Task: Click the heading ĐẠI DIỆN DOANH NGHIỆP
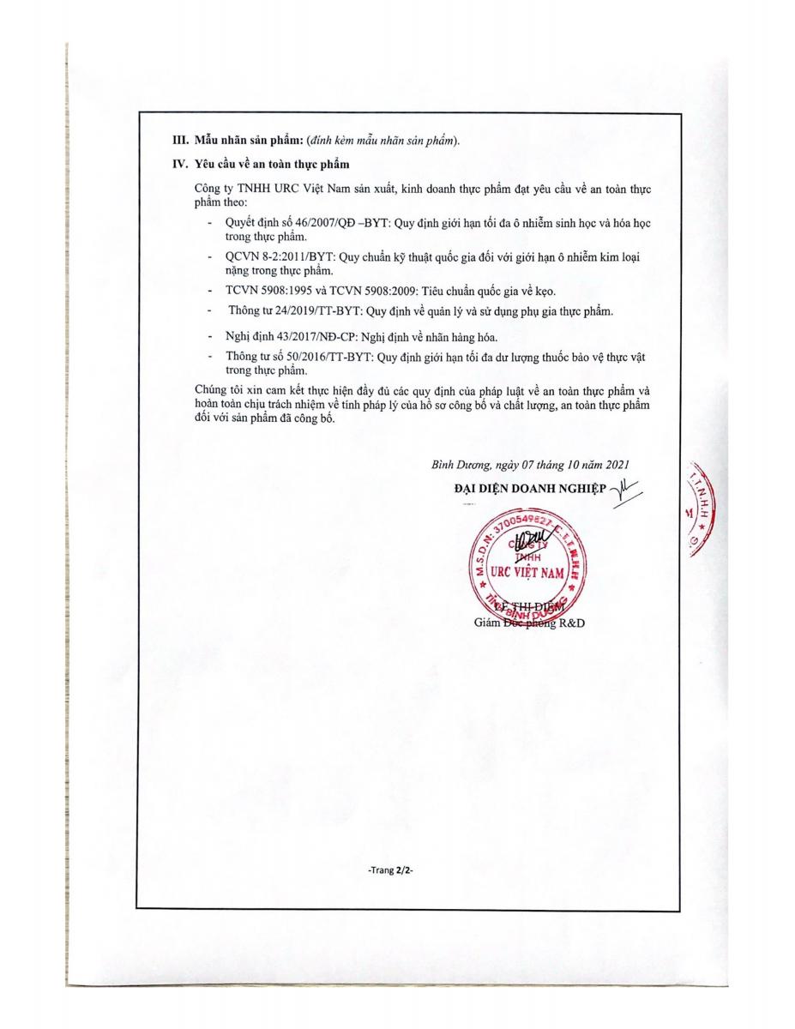point(529,488)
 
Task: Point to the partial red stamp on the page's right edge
point(699,506)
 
